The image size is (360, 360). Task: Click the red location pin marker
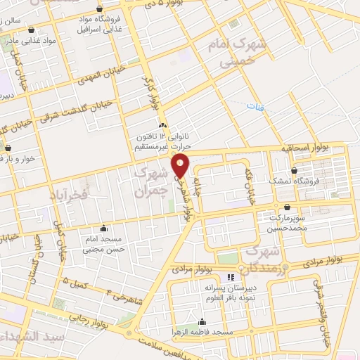click(181, 166)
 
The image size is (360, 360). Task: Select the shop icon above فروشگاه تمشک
click(295, 171)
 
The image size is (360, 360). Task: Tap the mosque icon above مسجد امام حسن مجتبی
click(104, 228)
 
